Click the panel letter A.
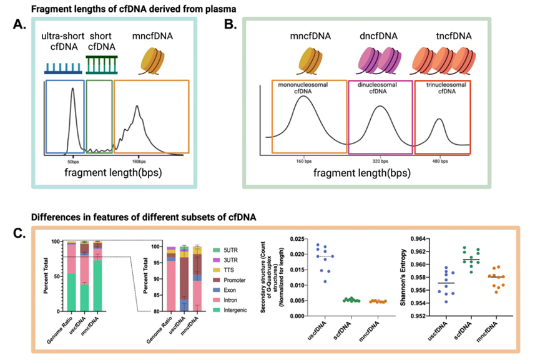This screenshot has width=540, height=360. point(21,27)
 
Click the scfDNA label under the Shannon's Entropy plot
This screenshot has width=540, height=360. point(477,329)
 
